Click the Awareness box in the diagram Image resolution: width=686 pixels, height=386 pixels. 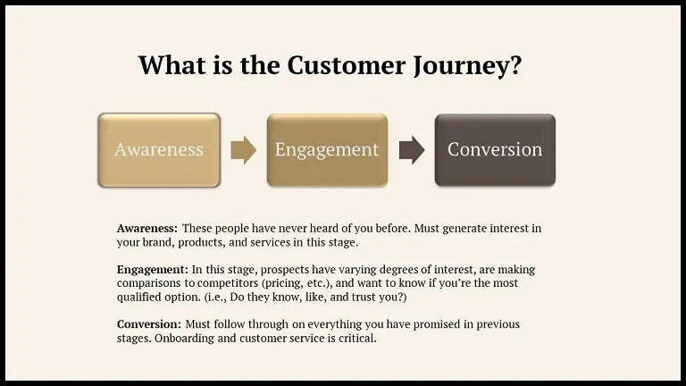pyautogui.click(x=159, y=150)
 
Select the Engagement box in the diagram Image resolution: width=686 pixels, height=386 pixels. pyautogui.click(x=327, y=150)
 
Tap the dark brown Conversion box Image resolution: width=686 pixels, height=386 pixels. pyautogui.click(x=495, y=150)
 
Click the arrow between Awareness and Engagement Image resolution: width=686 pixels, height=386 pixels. pyautogui.click(x=243, y=150)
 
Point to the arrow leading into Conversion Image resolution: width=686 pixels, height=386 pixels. pyautogui.click(x=411, y=150)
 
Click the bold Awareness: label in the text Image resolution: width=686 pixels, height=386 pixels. pyautogui.click(x=147, y=229)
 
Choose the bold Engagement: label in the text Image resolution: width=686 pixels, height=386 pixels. pyautogui.click(x=153, y=270)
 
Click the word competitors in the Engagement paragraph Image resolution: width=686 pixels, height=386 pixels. pyautogui.click(x=208, y=283)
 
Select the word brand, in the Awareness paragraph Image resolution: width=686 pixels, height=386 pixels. pyautogui.click(x=161, y=242)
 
